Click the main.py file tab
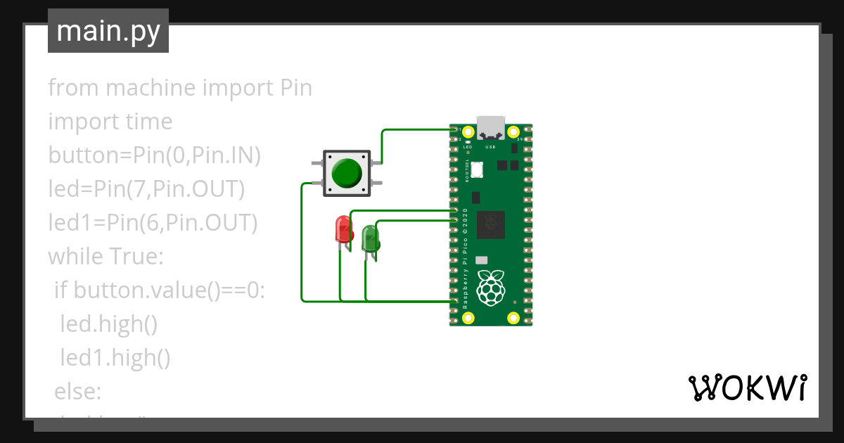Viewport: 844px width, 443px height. click(108, 31)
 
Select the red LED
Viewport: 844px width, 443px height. click(343, 229)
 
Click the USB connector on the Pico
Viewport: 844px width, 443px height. click(491, 127)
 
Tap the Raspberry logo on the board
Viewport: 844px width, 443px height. click(490, 287)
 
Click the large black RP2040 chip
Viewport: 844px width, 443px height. click(491, 224)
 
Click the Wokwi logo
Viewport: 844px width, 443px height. click(747, 387)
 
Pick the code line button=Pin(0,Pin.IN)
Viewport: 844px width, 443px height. click(154, 155)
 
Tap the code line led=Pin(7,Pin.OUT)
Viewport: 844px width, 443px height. click(146, 189)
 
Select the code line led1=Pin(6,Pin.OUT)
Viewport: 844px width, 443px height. click(153, 223)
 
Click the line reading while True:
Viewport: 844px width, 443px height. click(105, 257)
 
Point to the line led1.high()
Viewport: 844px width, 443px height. click(115, 358)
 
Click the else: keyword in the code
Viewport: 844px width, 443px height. click(78, 391)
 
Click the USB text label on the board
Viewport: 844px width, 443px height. click(491, 147)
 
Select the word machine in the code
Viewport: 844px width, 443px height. click(151, 88)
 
